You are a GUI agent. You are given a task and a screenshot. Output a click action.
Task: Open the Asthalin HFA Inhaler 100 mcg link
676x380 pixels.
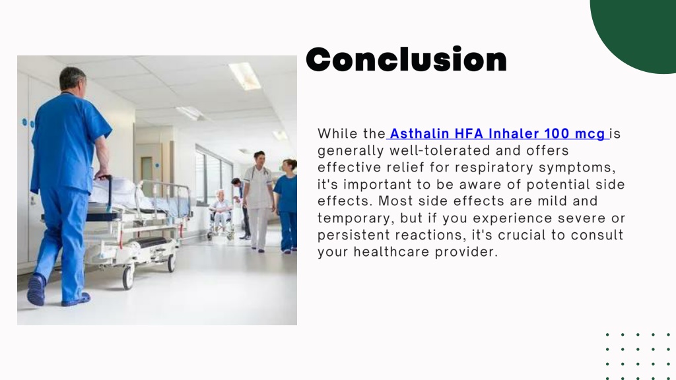(498, 133)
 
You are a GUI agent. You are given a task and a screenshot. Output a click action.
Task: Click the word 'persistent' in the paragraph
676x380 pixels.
(354, 236)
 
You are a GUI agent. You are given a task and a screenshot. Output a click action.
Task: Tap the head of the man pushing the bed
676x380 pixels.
(73, 79)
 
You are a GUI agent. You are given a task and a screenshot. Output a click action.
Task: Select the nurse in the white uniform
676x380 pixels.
(258, 201)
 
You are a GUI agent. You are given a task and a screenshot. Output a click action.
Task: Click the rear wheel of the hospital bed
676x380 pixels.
(128, 276)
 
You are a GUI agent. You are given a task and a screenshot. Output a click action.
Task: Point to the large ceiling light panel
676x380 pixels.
(245, 75)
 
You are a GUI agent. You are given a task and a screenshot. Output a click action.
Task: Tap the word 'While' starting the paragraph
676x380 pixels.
(337, 133)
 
